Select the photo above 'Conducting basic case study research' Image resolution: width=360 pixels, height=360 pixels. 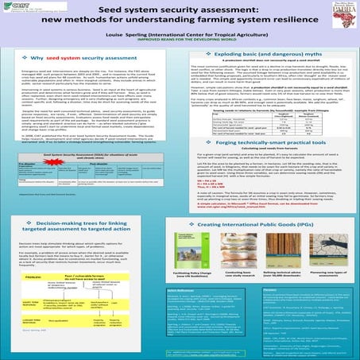pyautogui.click(x=249, y=255)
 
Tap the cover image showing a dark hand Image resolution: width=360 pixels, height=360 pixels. pyautogui.click(x=289, y=255)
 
